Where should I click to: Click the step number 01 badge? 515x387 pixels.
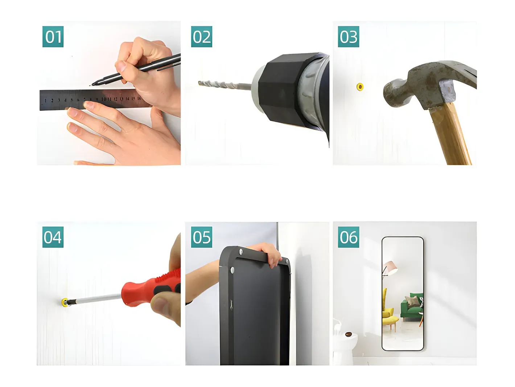pos(53,37)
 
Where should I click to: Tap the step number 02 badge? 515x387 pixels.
pos(202,37)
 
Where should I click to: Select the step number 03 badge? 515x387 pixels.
pos(349,37)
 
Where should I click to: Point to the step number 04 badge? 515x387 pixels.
pos(53,237)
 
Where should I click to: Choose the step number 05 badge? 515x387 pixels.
pos(202,237)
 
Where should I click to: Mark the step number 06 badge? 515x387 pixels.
pos(349,237)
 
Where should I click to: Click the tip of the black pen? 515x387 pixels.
pos(90,85)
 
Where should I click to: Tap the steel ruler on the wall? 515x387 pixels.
pos(94,99)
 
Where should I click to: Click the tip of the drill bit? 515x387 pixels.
pos(199,83)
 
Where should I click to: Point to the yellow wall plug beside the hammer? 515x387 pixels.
pos(360,87)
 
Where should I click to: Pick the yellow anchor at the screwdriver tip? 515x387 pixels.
pos(64,302)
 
